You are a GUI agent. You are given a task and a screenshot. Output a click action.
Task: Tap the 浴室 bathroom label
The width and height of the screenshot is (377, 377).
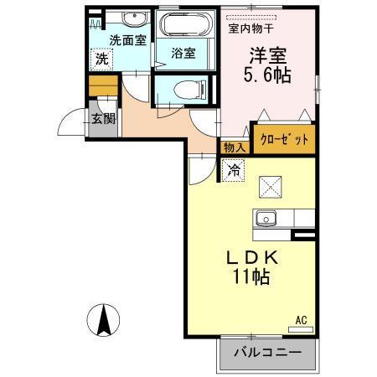pyautogui.click(x=183, y=53)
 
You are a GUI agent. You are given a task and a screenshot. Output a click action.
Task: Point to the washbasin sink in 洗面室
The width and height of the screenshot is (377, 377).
pyautogui.click(x=132, y=18)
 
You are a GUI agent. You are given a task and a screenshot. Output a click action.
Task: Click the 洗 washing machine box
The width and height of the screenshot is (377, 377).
pyautogui.click(x=101, y=59)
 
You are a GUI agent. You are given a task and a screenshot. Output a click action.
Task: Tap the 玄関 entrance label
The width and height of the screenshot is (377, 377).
pyautogui.click(x=103, y=119)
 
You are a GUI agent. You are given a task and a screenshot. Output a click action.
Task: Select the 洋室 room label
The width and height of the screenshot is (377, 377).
pyautogui.click(x=266, y=55)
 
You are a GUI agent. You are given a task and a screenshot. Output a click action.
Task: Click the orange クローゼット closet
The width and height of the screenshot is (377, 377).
pyautogui.click(x=284, y=138)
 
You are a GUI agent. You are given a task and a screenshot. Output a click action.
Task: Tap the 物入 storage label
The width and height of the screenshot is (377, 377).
pyautogui.click(x=233, y=147)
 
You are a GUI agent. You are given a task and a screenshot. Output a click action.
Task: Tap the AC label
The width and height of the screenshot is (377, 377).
pyautogui.click(x=301, y=318)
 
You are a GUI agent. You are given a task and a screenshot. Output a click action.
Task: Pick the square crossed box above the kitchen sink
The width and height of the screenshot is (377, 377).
pyautogui.click(x=271, y=185)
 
